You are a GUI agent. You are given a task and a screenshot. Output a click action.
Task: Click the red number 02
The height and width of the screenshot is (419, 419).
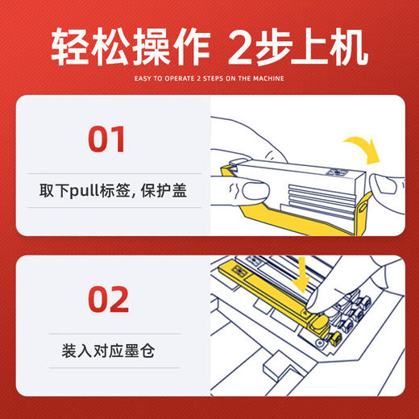(107, 299)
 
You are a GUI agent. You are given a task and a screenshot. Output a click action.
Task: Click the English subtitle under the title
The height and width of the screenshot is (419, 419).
(209, 78)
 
